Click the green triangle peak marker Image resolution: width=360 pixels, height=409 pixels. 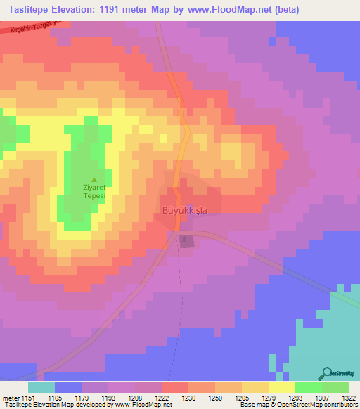95,180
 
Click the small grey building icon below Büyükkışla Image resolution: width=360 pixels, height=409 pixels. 186,242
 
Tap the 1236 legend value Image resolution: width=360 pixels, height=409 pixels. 188,398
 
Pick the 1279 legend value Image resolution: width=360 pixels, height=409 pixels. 269,398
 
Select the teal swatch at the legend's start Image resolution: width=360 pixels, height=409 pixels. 41,387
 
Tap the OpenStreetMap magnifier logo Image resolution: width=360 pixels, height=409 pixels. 326,373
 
